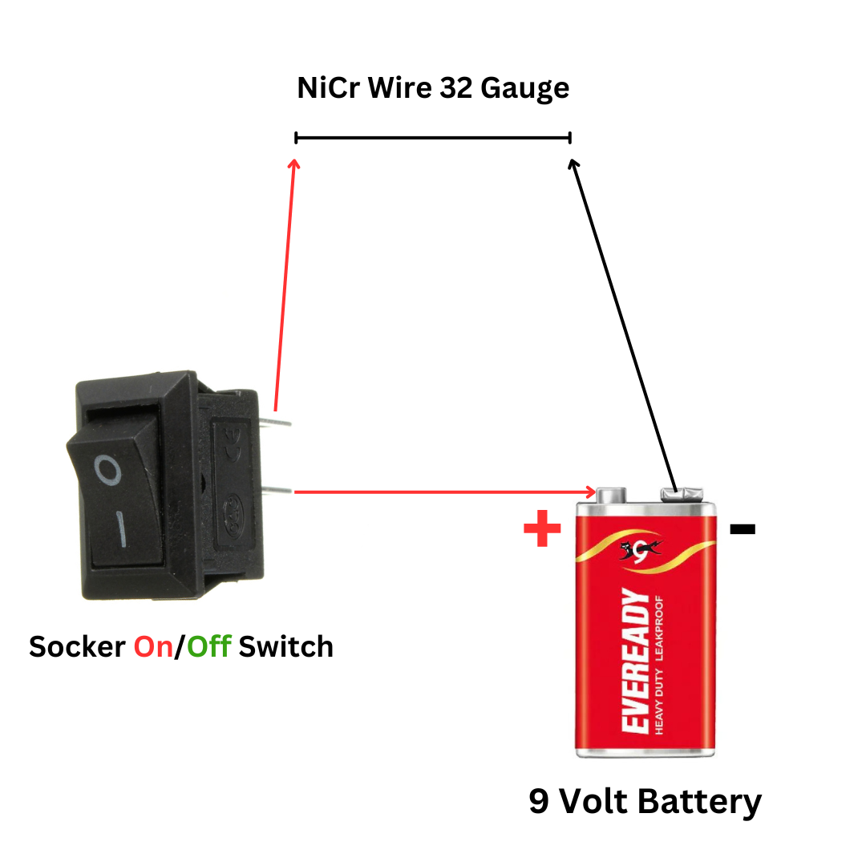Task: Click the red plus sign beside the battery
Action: click(542, 528)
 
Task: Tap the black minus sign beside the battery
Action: click(743, 529)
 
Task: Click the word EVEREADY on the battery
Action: click(636, 661)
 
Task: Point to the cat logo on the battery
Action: click(640, 551)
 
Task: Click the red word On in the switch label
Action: click(153, 647)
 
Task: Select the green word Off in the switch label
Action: click(208, 646)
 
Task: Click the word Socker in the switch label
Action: click(77, 647)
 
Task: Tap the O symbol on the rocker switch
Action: click(107, 470)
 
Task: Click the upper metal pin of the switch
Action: click(275, 423)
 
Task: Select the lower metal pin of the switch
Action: click(276, 489)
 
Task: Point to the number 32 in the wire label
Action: click(456, 88)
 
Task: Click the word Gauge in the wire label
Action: click(524, 89)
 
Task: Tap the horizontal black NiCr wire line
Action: click(433, 138)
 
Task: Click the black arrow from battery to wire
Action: click(624, 325)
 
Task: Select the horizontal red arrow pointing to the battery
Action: click(445, 492)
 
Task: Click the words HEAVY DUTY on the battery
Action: click(659, 702)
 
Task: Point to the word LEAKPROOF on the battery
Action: click(659, 629)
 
